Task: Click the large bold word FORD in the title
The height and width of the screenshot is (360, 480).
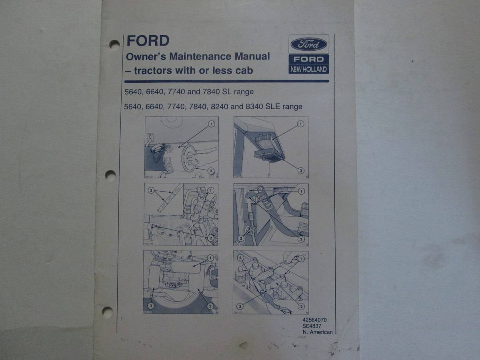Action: click(148, 41)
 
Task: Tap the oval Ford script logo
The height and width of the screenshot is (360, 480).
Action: click(308, 44)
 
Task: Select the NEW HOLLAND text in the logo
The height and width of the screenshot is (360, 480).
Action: click(309, 70)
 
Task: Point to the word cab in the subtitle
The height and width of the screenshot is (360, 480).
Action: click(244, 71)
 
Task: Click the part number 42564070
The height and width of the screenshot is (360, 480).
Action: click(315, 320)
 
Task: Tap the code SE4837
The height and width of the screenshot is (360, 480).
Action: click(312, 326)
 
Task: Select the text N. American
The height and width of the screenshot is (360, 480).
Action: click(318, 332)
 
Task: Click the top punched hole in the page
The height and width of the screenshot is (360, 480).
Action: click(114, 44)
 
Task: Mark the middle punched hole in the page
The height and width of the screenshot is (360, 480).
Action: click(110, 175)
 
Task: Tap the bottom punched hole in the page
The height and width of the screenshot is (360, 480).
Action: click(107, 311)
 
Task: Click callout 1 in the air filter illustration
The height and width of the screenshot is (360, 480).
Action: click(212, 124)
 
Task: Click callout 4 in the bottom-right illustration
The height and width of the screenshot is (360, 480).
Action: click(240, 258)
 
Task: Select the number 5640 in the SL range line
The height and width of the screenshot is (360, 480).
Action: click(134, 92)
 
